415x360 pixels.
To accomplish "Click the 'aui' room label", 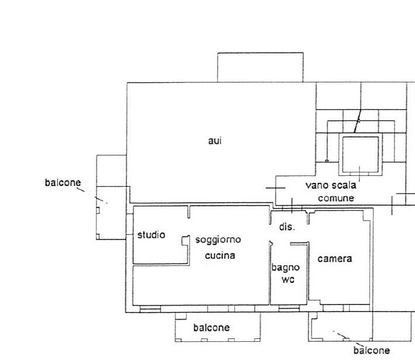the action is pos(215,141).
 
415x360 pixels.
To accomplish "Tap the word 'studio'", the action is pos(151,235).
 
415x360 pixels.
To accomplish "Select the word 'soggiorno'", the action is pos(218,240).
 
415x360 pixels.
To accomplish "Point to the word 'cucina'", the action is pos(220,255).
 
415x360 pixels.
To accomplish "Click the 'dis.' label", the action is pos(287,227).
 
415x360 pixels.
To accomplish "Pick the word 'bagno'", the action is pos(286,268).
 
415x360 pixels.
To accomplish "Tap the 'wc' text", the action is pos(288,280).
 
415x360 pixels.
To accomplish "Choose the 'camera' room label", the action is pos(335,259).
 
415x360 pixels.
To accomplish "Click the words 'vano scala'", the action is pos(331,185).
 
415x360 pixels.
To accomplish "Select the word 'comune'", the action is pos(336,198).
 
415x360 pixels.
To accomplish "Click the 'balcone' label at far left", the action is pos(63,183).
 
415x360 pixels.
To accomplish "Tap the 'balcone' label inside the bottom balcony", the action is pos(212,328).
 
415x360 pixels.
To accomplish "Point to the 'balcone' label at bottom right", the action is pos(372,351).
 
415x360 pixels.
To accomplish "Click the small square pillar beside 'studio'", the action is pos(185,240).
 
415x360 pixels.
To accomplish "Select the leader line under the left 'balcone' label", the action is pos(81,189).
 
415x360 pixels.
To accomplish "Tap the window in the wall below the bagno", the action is pos(289,309).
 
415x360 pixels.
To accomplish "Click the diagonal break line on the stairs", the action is pos(357,121).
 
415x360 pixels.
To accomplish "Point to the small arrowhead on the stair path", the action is pos(327,160).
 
